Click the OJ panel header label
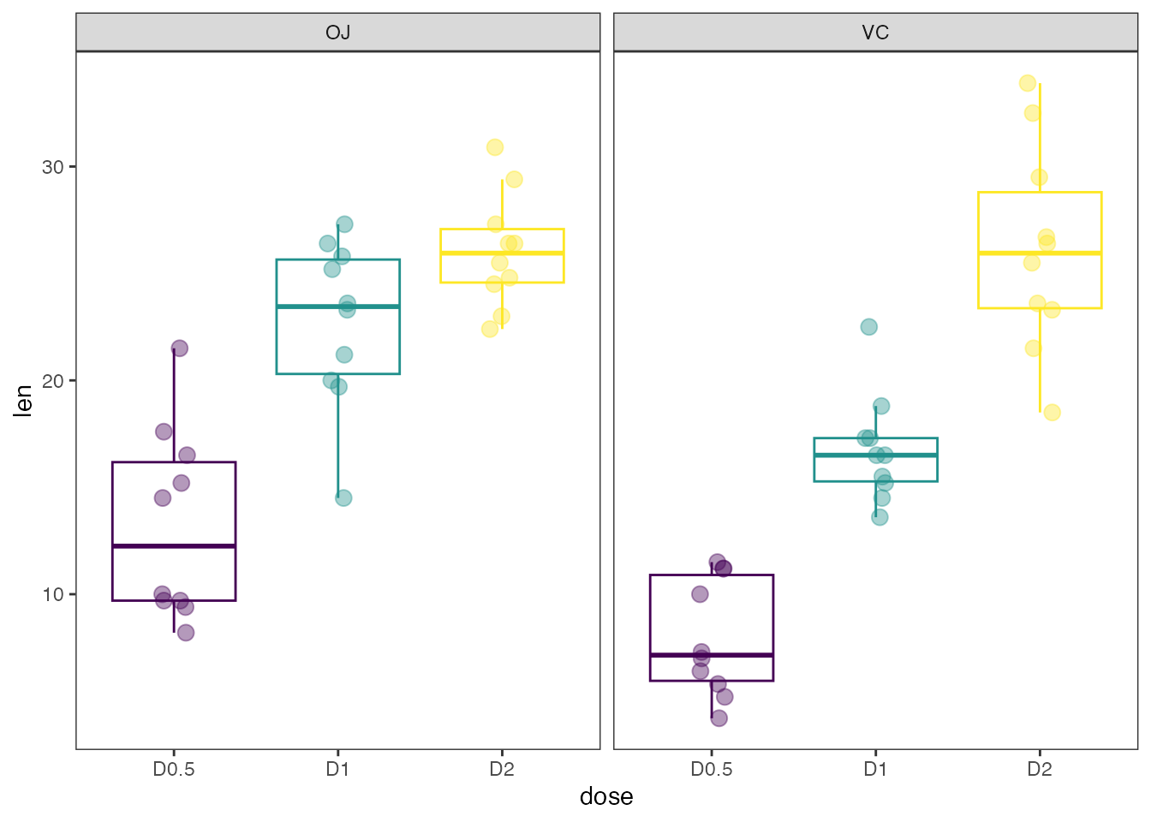[338, 33]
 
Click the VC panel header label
[875, 33]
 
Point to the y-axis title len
[23, 401]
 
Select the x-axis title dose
[606, 796]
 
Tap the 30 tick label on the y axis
[53, 167]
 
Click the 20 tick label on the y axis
[53, 381]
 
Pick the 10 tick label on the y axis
[53, 594]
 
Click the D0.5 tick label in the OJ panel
[174, 769]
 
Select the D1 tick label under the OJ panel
[337, 769]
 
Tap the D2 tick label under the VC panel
[1039, 769]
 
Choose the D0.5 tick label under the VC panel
[712, 769]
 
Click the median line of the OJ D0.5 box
[174, 545]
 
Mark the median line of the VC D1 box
[875, 455]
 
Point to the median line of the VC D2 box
[1040, 253]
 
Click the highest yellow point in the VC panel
[1028, 83]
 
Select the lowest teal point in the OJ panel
[343, 497]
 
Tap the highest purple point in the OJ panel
[179, 348]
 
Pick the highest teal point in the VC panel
[868, 327]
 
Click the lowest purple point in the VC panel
[719, 718]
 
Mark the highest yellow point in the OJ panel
[495, 147]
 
